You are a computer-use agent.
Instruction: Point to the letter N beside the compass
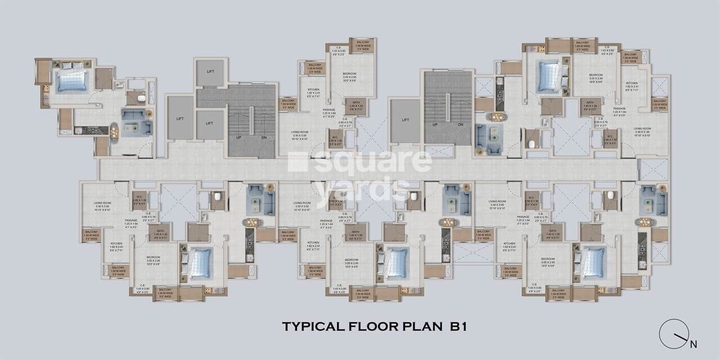tap(693, 344)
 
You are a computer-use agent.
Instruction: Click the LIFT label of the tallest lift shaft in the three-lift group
tap(180, 119)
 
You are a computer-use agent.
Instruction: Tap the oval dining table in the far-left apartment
tap(114, 131)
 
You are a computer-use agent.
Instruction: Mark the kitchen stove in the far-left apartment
tap(101, 130)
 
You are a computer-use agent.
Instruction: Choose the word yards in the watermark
tap(360, 186)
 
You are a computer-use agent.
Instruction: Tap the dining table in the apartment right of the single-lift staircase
tap(497, 117)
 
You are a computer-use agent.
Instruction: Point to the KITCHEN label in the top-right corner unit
tap(632, 82)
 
